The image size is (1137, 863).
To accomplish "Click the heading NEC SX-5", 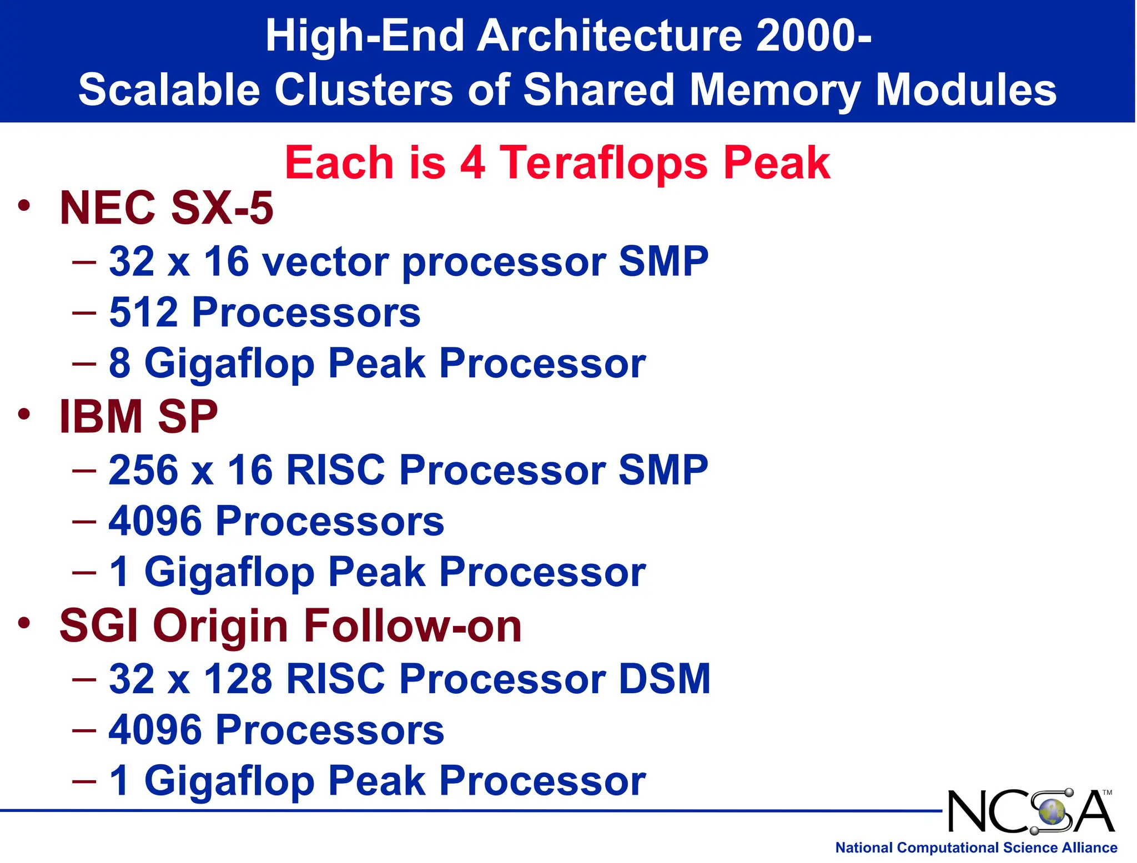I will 166,208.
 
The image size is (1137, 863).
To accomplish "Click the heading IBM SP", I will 138,417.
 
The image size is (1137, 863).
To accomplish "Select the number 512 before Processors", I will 144,312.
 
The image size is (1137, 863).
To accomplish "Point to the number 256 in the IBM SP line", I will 144,470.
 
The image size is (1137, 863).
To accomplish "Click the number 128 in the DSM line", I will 238,679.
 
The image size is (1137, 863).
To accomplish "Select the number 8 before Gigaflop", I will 119,364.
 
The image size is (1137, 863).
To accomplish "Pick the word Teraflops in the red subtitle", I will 603,163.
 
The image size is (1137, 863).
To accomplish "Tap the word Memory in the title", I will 775,90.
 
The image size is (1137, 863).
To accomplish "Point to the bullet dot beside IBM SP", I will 23,414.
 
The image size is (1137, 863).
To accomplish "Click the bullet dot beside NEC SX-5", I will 23,205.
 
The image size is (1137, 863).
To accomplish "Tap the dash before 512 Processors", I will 84,312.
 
